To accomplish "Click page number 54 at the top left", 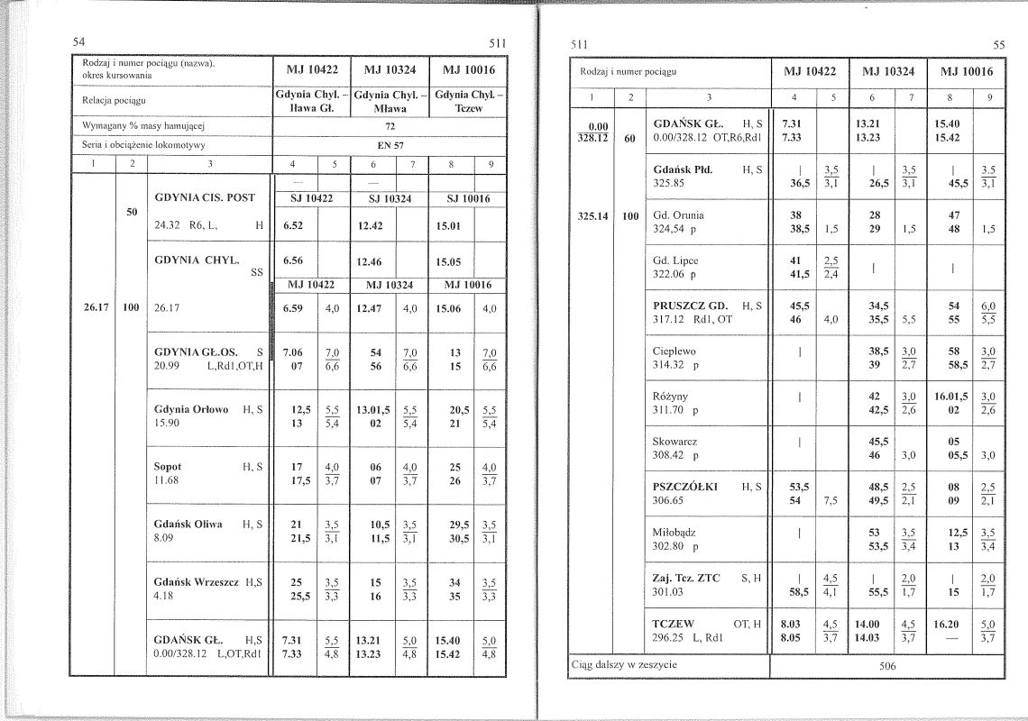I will (79, 41).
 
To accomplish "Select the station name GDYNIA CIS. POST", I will (205, 197).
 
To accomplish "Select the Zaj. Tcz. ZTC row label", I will (686, 578).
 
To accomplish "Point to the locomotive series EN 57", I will (390, 143).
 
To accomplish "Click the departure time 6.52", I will (291, 226).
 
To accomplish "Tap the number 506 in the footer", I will (888, 667).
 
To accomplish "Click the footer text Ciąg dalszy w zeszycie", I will (624, 665).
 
